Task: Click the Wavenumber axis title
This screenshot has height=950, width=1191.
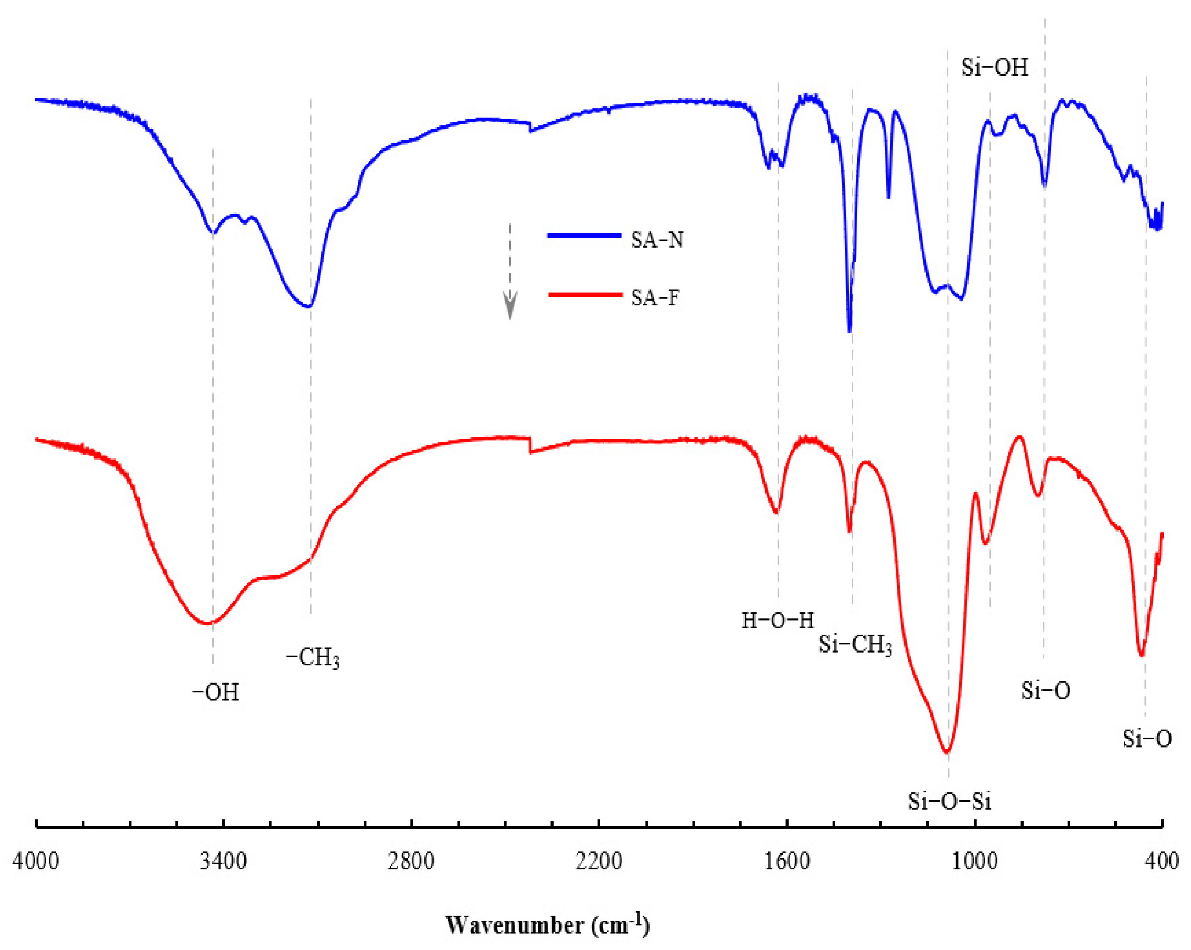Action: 547,925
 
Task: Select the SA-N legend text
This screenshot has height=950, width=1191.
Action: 657,240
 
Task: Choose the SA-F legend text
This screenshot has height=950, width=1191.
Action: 655,298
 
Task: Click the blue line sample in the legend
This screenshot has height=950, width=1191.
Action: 584,236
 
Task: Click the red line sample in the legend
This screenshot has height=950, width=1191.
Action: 585,295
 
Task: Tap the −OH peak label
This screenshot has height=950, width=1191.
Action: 216,692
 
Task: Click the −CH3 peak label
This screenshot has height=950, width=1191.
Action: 313,658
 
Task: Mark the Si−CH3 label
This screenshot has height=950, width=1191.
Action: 855,645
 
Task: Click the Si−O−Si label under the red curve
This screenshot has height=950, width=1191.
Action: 950,802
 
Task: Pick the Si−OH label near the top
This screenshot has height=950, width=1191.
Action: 994,67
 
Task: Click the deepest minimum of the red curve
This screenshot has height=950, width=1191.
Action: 947,752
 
